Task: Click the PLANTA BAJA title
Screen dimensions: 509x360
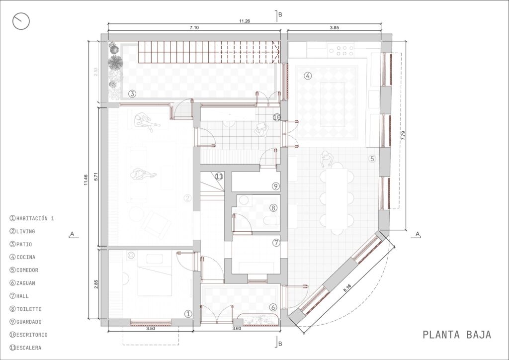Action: [x=457, y=335]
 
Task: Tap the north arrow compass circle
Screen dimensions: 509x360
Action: [x=21, y=21]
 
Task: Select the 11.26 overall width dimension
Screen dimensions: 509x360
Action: [x=245, y=21]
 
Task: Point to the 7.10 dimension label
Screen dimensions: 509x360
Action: [x=194, y=27]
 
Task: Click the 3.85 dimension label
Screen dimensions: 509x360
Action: [x=335, y=27]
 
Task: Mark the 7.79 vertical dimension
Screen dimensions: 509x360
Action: [x=403, y=135]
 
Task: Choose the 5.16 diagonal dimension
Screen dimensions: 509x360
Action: [x=347, y=288]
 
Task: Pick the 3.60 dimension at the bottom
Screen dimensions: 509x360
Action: [x=237, y=328]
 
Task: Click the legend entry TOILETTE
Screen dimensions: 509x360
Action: [x=26, y=309]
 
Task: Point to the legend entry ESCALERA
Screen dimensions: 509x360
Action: [x=26, y=348]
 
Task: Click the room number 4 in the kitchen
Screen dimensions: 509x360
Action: [x=308, y=76]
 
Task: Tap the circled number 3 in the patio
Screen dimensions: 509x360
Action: [x=132, y=94]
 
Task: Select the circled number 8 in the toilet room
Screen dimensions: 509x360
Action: [x=273, y=207]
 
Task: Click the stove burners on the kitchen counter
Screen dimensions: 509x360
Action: [x=341, y=51]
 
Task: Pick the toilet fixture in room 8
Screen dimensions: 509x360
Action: [x=270, y=221]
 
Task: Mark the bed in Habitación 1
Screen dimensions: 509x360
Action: [x=155, y=281]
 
